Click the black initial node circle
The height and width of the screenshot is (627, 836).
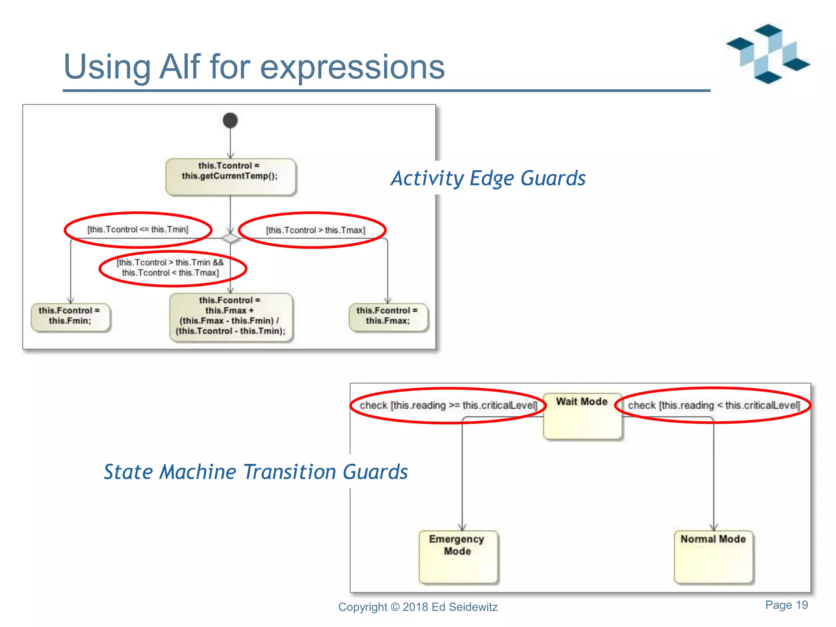click(230, 120)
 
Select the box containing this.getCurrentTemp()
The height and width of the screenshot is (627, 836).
click(230, 176)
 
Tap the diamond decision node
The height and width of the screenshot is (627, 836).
click(230, 238)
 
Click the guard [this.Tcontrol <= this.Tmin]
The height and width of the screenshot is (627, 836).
click(138, 229)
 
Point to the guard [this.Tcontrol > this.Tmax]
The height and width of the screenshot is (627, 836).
click(315, 230)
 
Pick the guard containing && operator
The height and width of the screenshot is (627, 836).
click(170, 267)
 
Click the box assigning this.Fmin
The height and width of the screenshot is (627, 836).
click(70, 316)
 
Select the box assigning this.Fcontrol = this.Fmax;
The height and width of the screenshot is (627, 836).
click(388, 316)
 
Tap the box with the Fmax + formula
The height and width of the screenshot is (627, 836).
click(231, 316)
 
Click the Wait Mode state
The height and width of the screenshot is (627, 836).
click(583, 416)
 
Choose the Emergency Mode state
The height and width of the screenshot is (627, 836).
click(458, 556)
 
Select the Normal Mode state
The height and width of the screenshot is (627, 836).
click(713, 556)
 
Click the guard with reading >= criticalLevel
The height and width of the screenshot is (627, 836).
click(448, 405)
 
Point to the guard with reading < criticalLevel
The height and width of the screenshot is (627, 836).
click(714, 405)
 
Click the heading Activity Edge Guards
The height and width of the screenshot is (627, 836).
click(488, 178)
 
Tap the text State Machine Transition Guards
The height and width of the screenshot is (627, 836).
click(256, 472)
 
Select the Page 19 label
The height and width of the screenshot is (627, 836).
click(786, 605)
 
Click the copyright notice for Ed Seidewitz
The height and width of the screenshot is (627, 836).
click(418, 607)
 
